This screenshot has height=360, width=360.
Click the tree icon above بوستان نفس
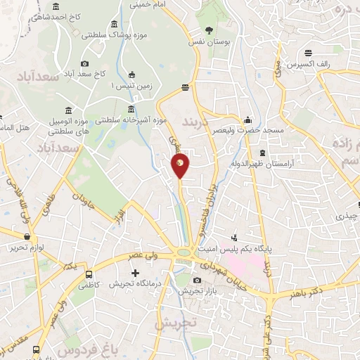pyautogui.click(x=210, y=30)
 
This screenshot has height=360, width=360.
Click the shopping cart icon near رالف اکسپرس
pyautogui.click(x=309, y=51)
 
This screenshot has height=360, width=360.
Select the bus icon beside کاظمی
pyautogui.click(x=89, y=274)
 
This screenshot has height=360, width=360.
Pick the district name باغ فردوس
pyautogui.click(x=64, y=348)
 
